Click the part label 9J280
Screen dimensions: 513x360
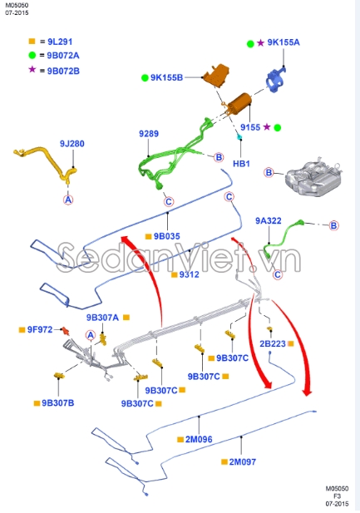[x=72, y=144]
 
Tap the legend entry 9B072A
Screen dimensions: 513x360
[x=60, y=55]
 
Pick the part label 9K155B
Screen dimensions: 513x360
[x=166, y=78]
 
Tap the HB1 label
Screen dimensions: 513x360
[x=241, y=164]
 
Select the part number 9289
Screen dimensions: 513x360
[x=148, y=134]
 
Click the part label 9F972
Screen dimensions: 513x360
[x=39, y=329]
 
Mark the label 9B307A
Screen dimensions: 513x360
[x=103, y=317]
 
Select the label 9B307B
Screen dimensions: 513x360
[x=57, y=403]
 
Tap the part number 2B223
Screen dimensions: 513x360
[x=272, y=343]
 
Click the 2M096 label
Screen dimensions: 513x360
[x=199, y=439]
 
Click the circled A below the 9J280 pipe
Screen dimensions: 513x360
[x=69, y=200]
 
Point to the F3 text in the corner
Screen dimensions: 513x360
[x=338, y=496]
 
